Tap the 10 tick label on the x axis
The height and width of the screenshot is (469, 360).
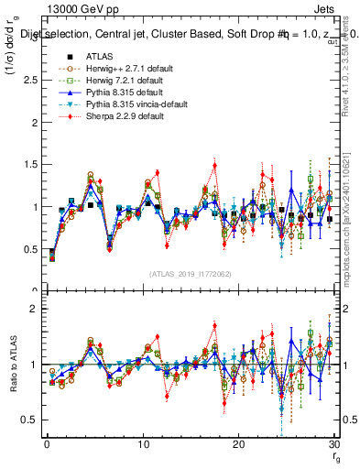tap(142, 444)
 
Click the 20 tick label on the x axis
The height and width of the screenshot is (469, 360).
tap(238, 444)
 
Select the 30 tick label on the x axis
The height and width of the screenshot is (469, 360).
tap(333, 444)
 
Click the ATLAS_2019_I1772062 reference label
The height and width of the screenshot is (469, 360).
tap(190, 273)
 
